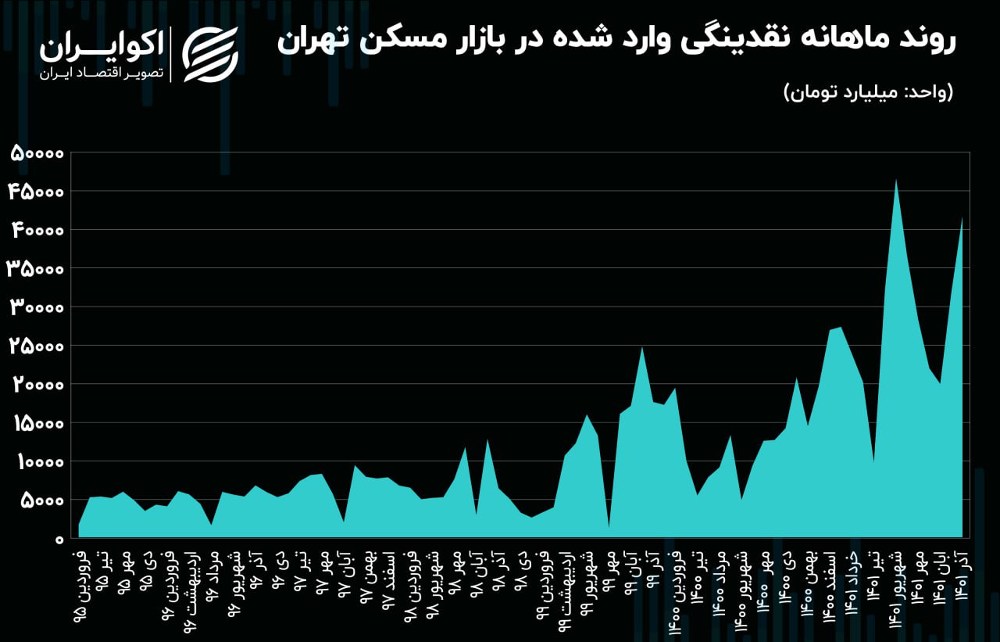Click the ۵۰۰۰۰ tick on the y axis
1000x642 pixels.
coord(36,152)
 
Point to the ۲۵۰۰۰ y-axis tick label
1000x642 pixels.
coord(36,346)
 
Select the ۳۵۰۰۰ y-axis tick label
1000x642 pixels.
coord(36,268)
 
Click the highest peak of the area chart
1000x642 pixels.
coord(896,180)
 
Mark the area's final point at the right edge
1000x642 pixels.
coord(962,218)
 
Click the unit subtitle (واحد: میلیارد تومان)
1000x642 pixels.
coord(868,92)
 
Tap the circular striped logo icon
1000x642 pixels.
coord(210,54)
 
